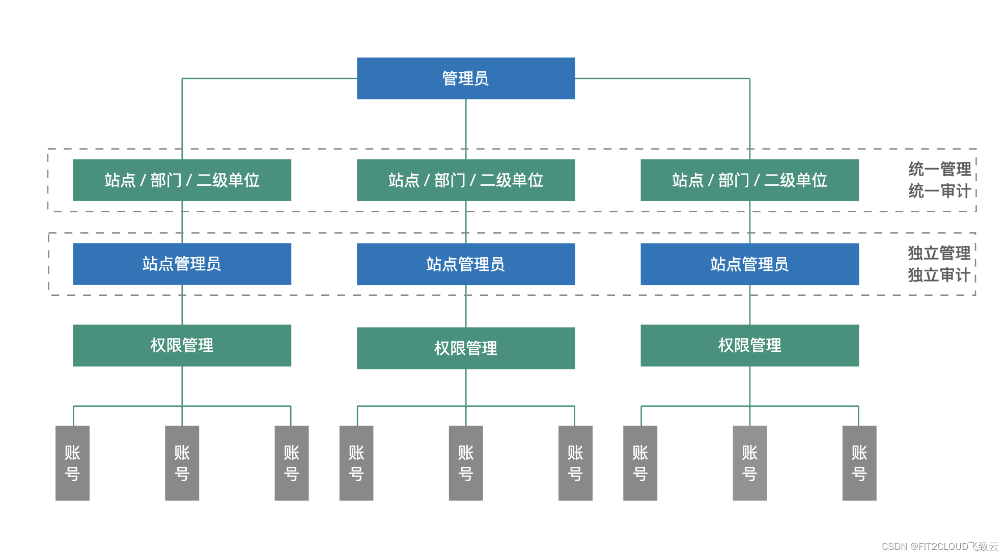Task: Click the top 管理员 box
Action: tap(465, 78)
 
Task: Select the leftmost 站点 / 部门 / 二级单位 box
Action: tap(182, 180)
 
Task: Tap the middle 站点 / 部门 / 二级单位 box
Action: tap(465, 180)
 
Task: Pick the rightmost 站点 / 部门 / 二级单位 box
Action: tap(749, 180)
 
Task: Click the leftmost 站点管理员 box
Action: tap(182, 264)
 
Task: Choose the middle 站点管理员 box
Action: tap(465, 264)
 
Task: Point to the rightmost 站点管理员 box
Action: tap(749, 264)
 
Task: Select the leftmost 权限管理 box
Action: tap(182, 346)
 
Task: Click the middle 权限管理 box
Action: tap(465, 348)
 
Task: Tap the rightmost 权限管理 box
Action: tap(749, 346)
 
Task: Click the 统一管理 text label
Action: tap(939, 169)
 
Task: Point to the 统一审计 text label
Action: tap(939, 191)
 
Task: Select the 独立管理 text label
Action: tap(939, 253)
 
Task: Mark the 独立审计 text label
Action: tap(939, 275)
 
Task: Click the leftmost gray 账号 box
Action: tap(72, 463)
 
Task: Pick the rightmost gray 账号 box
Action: tap(859, 463)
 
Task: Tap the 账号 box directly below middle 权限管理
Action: tap(465, 463)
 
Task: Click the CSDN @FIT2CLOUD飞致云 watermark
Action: tap(939, 546)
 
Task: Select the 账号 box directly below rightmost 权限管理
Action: tap(749, 463)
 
